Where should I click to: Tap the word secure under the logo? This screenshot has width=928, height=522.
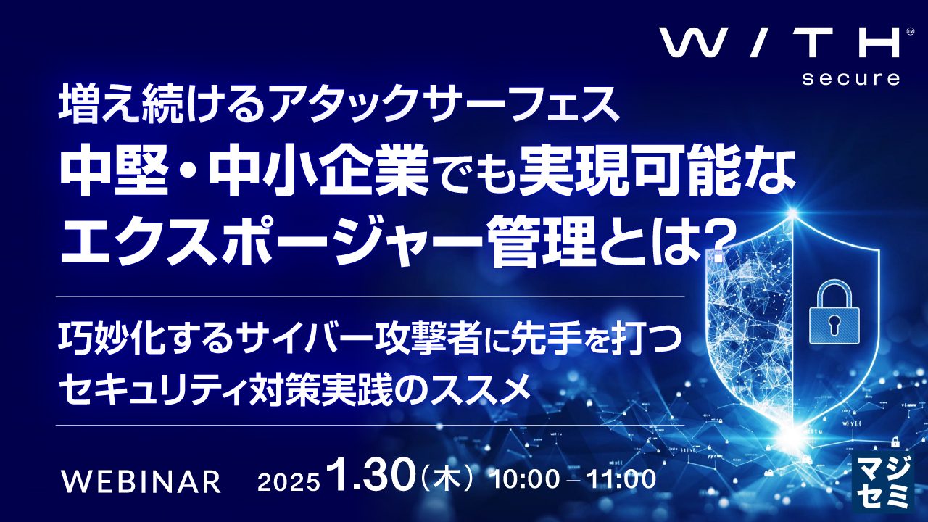[x=850, y=78]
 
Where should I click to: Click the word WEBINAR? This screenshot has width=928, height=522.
[x=141, y=481]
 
